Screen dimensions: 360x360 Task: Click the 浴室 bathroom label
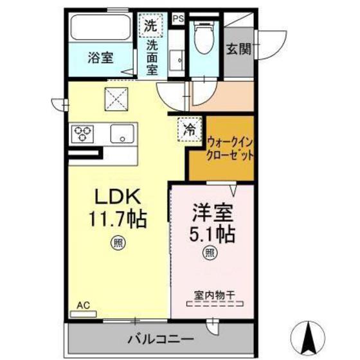(x=100, y=57)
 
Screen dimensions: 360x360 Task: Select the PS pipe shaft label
(x=178, y=19)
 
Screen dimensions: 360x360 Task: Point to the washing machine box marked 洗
(x=150, y=26)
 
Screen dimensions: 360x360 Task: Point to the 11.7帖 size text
(x=118, y=219)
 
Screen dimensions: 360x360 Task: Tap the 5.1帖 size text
(x=210, y=233)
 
